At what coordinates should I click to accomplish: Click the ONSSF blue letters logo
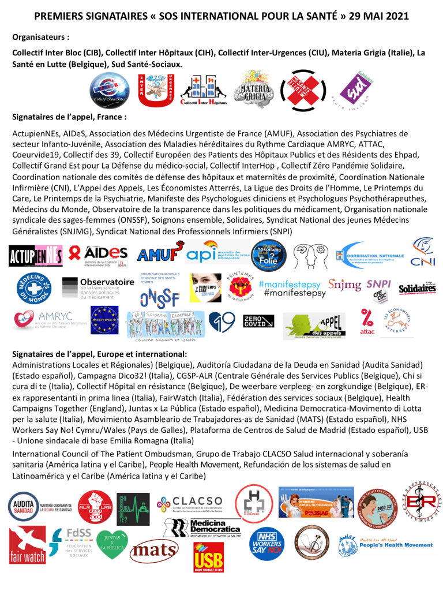tap(159, 297)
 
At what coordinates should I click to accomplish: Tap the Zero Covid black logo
tap(258, 321)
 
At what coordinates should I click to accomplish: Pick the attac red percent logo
tap(367, 321)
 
